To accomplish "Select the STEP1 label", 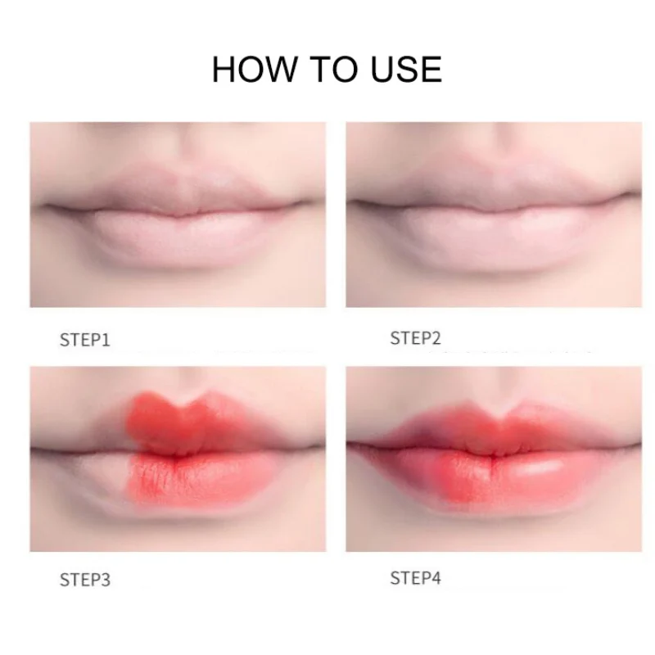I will coord(84,339).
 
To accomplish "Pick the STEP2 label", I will coord(415,337).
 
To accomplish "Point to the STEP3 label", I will coord(84,580).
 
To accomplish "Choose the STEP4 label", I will coord(415,578).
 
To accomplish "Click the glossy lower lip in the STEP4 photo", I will coord(491,475).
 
